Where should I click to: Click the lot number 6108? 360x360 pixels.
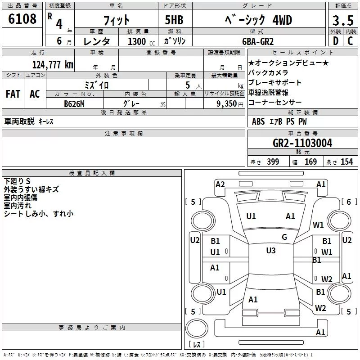pyautogui.click(x=22, y=19)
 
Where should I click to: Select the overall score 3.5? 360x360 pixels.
pyautogui.click(x=343, y=20)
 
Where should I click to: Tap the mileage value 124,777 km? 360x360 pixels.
pyautogui.click(x=53, y=65)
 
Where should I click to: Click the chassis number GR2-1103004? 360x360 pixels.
pyautogui.click(x=302, y=143)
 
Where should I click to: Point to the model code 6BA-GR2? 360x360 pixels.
pyautogui.click(x=258, y=41)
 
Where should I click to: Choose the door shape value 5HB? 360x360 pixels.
pyautogui.click(x=174, y=20)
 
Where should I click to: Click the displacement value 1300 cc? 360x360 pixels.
pyautogui.click(x=141, y=41)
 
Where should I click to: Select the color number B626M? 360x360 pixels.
pyautogui.click(x=74, y=104)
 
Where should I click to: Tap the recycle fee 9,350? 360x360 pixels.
pyautogui.click(x=227, y=104)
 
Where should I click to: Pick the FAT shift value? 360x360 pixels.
pyautogui.click(x=13, y=94)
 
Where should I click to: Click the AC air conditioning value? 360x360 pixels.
pyautogui.click(x=35, y=94)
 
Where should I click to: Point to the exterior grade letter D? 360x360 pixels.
pyautogui.click(x=336, y=41)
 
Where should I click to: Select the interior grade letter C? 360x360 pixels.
pyautogui.click(x=350, y=41)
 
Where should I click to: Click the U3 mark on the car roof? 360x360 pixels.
pyautogui.click(x=271, y=251)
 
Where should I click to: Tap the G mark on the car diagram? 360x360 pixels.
pyautogui.click(x=284, y=237)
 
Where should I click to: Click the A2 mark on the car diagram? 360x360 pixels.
pyautogui.click(x=220, y=184)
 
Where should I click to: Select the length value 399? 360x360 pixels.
pyautogui.click(x=273, y=162)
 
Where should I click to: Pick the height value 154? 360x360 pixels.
pyautogui.click(x=346, y=162)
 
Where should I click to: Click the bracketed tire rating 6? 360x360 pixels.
pyautogui.click(x=349, y=202)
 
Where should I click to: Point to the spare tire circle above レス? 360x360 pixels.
pyautogui.click(x=197, y=328)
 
